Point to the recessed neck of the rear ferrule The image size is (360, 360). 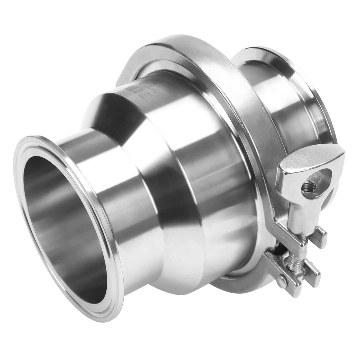click(x=285, y=108)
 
